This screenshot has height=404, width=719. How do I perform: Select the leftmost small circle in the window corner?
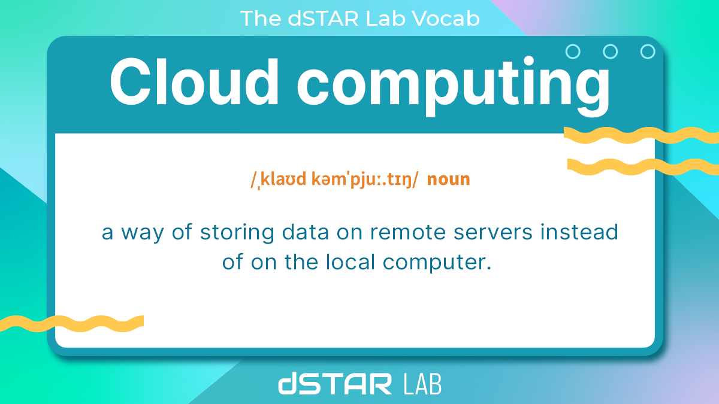(x=573, y=51)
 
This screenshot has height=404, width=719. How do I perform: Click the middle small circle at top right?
(x=610, y=51)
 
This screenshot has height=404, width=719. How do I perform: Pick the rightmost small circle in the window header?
(x=648, y=51)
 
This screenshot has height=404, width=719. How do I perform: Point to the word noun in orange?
(x=448, y=179)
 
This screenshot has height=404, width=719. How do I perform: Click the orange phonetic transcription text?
(x=334, y=179)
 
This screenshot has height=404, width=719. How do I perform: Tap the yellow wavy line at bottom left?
(x=72, y=324)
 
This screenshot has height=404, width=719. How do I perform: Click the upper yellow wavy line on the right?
(x=641, y=136)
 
